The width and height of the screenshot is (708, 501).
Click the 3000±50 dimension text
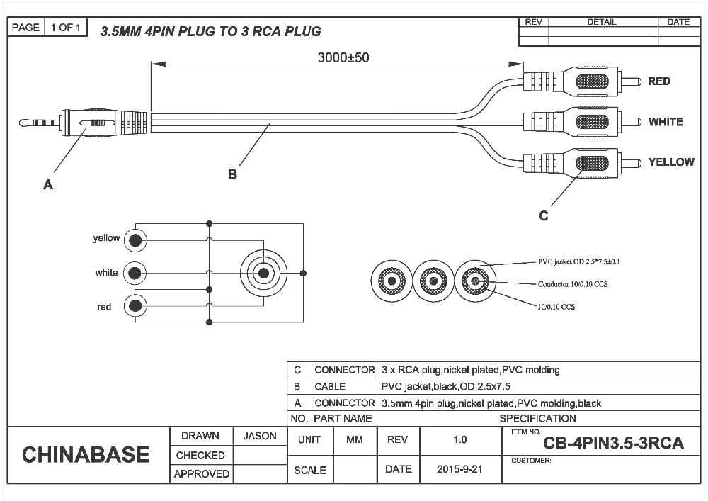(343, 58)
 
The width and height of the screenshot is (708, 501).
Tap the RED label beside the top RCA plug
(658, 81)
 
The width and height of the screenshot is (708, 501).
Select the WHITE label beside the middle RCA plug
(665, 122)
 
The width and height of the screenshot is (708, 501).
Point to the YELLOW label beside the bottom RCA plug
(670, 162)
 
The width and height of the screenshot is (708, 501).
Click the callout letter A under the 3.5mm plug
(48, 185)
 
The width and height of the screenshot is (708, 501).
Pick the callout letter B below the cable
(232, 174)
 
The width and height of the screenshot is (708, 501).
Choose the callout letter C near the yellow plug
(543, 216)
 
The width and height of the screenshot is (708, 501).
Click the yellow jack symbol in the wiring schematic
(135, 240)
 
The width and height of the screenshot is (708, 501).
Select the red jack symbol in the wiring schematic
(135, 305)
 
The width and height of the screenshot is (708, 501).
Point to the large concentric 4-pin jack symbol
(263, 273)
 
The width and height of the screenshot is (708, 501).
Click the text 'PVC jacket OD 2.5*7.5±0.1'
(578, 262)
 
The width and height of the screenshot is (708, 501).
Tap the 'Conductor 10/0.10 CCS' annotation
(572, 284)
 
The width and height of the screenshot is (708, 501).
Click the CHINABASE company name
(86, 455)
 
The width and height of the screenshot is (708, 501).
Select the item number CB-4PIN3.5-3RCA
(613, 444)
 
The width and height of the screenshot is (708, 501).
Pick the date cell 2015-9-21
(459, 470)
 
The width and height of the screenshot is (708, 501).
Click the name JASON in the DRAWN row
(260, 437)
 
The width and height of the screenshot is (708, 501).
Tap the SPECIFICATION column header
(537, 419)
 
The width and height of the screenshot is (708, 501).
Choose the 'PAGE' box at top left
(25, 28)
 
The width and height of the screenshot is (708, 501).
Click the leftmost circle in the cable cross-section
(392, 282)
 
